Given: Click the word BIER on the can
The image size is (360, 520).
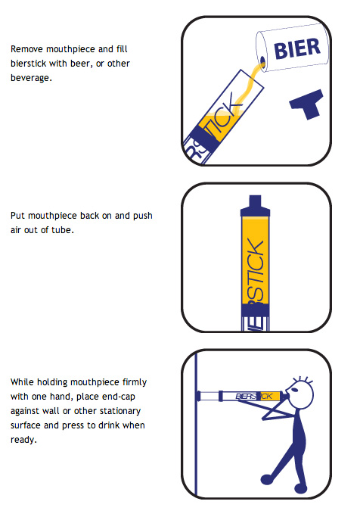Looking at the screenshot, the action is point(297,48).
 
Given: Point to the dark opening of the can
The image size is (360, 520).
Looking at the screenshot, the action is point(263,61).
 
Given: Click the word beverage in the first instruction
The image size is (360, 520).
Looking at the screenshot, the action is point(31,78).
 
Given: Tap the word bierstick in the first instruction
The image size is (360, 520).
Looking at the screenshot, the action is point(28,64).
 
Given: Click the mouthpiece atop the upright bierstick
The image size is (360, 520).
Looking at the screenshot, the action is point(255,206).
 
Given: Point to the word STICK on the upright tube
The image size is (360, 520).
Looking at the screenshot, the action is point(255,271).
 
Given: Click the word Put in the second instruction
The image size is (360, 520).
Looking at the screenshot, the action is point(18,216).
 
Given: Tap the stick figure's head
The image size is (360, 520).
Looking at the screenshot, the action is point(299,395).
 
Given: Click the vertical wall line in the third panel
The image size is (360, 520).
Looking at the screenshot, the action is point(196,424).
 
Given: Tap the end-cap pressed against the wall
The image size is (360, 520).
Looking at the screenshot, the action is point(199,396).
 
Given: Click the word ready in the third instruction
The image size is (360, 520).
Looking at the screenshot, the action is point(23,440).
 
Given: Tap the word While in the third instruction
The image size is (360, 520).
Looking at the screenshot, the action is point(22,382).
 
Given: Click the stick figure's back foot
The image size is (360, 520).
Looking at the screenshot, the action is point(267,479).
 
